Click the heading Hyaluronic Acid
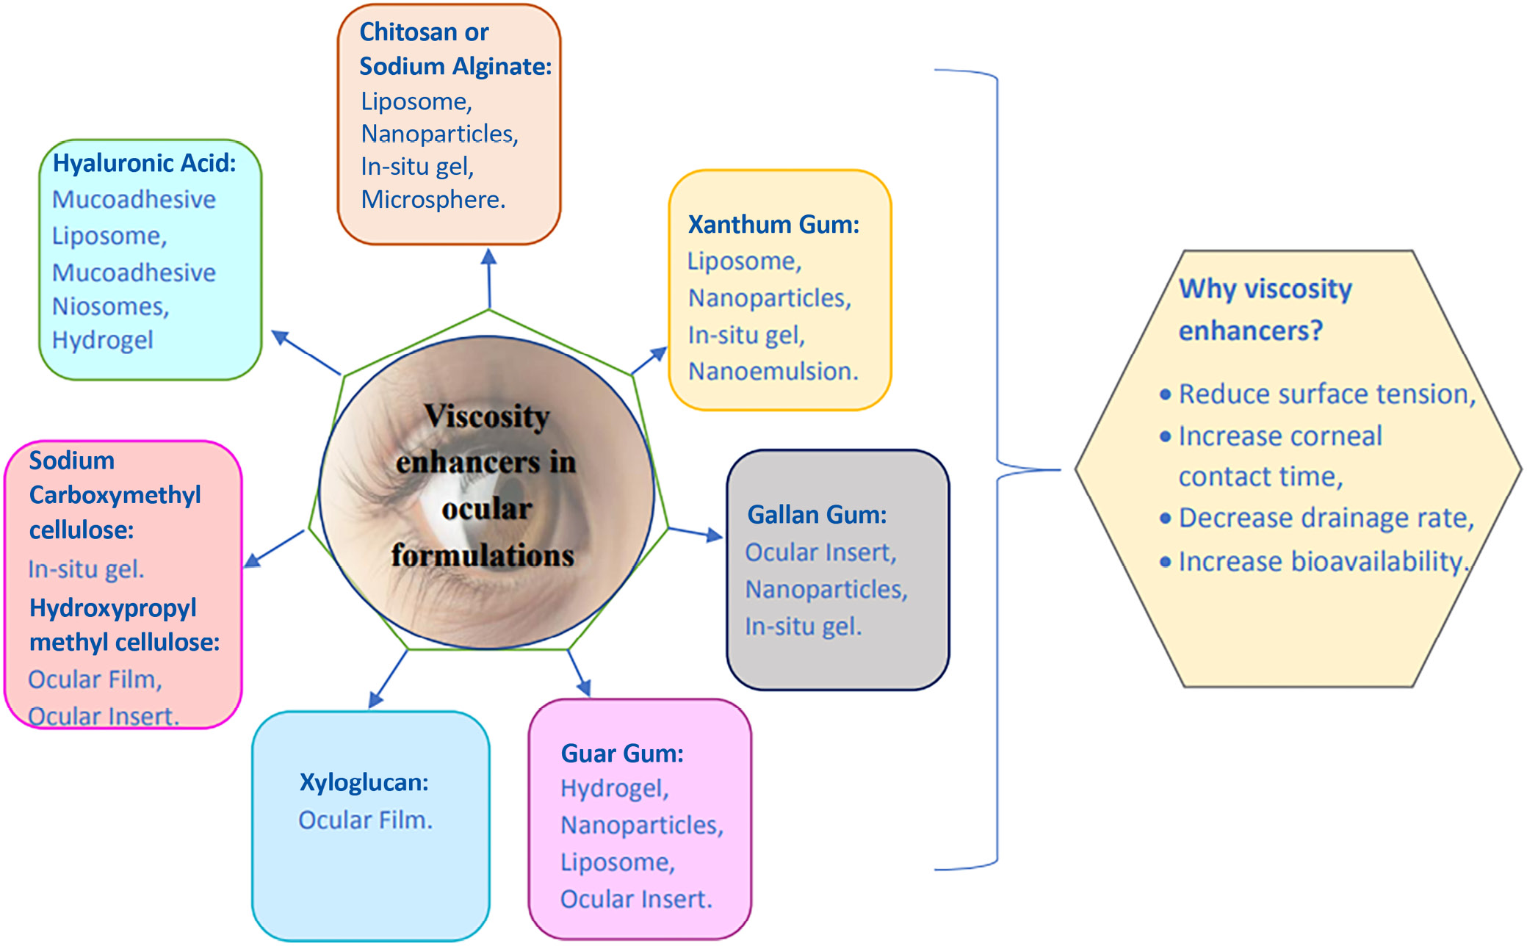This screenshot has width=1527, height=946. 144,163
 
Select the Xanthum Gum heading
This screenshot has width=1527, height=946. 773,225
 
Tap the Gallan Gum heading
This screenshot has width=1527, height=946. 816,515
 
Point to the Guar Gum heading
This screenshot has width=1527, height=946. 621,754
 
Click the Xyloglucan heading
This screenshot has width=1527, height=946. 364,782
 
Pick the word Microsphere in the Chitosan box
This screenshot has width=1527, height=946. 433,200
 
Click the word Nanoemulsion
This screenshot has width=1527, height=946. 773,372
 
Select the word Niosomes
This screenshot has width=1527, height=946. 110,306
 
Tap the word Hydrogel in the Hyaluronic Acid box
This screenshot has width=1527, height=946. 102,340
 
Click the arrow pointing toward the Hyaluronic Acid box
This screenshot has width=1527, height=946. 305,353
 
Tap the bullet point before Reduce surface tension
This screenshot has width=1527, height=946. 1164,395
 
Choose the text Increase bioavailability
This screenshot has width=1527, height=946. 1322,562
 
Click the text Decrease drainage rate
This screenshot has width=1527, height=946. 1326,519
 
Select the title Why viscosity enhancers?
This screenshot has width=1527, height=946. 1265,309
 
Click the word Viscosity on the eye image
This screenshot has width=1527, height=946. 487,416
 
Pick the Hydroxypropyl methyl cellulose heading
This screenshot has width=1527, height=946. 123,625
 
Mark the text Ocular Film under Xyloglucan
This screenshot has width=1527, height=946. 365,820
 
